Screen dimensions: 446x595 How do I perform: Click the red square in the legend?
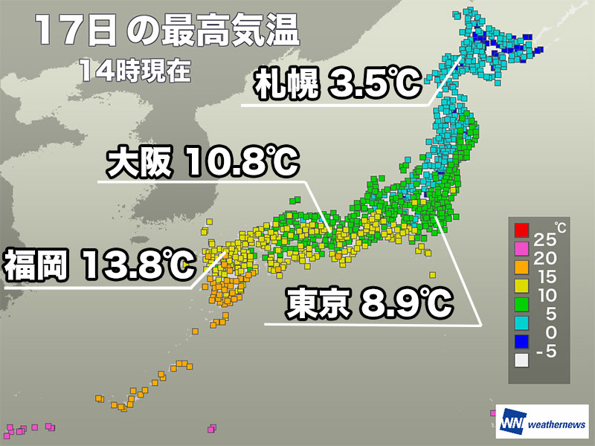tap(521, 229)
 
